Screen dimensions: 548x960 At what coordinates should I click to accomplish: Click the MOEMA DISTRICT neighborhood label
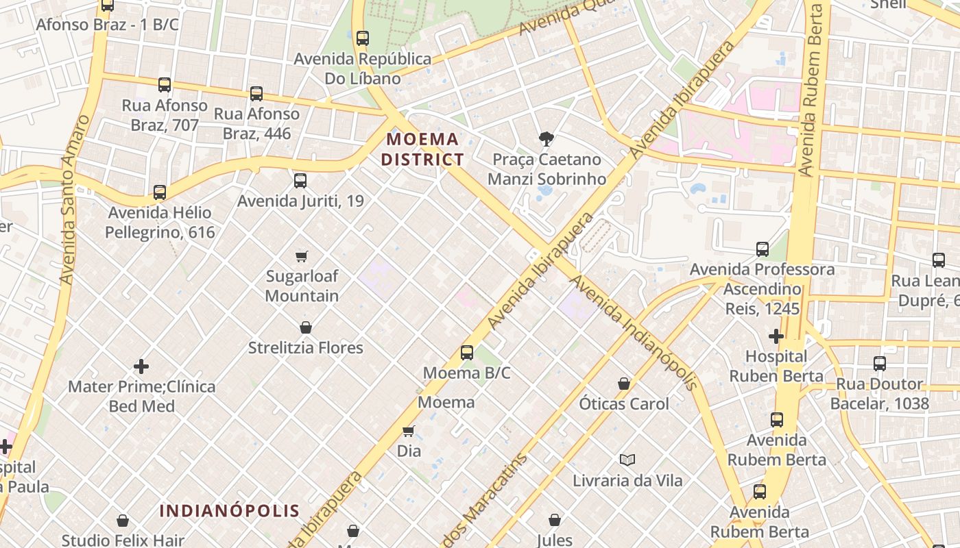pos(422,149)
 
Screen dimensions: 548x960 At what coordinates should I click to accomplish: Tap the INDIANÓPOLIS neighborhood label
pos(230,510)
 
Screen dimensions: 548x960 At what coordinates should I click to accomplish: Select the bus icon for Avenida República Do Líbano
pos(363,38)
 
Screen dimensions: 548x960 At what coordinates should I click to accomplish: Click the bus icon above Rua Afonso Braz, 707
pos(165,85)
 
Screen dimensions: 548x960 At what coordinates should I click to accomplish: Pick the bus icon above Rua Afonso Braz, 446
pos(256,93)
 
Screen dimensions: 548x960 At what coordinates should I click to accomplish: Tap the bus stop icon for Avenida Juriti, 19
pos(300,181)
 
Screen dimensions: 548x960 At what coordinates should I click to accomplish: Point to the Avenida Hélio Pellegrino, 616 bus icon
pos(160,192)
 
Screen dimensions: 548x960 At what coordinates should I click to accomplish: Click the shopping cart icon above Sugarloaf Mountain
pos(302,257)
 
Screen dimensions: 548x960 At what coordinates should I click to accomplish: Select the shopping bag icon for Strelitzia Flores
pos(306,327)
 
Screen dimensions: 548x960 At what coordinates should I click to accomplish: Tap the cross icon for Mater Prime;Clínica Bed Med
pos(141,366)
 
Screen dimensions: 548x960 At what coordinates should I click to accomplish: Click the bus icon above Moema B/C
pos(467,353)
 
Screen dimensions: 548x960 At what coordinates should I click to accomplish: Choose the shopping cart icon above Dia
pos(409,431)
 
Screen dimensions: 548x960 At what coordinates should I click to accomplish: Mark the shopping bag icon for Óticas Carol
pos(624,384)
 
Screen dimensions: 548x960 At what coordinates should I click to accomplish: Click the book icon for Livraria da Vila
pos(627,460)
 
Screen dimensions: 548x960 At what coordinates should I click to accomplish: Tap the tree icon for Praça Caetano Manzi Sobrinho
pos(547,139)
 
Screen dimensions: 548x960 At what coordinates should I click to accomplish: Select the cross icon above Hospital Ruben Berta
pos(776,336)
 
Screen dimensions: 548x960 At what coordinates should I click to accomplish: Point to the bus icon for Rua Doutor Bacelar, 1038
pos(880,364)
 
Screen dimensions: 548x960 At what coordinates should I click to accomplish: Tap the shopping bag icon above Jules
pos(555,520)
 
